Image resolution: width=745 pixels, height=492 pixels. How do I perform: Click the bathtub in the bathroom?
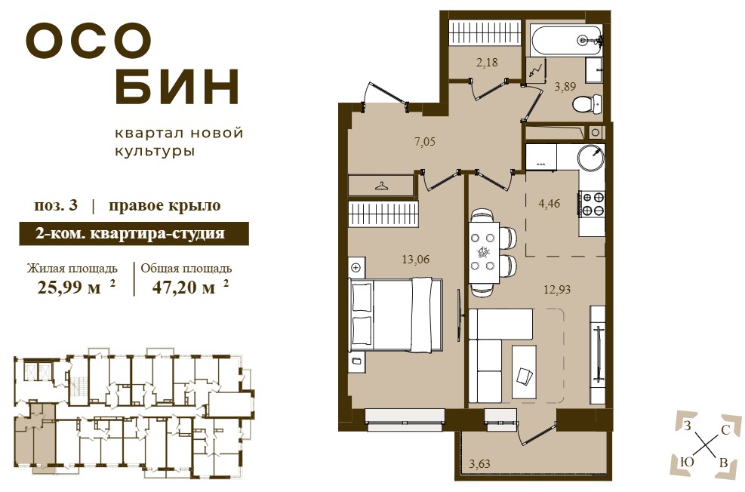pos(566,40)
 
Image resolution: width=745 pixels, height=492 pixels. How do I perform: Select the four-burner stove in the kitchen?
pos(592,203)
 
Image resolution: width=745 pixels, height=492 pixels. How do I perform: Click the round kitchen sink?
pos(591,157)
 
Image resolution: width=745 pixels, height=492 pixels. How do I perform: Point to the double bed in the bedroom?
pos(396,315)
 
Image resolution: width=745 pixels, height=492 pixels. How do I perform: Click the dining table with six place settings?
pos(485,253)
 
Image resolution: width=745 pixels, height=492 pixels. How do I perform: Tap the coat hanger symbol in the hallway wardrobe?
pos(381,185)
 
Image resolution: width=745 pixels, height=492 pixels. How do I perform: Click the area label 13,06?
pos(416,260)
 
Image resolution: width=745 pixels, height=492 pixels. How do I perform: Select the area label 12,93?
pos(557,289)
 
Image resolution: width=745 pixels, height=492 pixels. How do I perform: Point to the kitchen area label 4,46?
pos(550,204)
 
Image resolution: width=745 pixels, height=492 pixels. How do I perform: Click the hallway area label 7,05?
pos(425,142)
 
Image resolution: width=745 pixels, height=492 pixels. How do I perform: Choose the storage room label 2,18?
pos(487,62)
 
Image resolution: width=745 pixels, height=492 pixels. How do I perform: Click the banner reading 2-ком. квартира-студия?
pos(134,234)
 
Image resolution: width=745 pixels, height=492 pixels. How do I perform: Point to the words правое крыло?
pos(165,206)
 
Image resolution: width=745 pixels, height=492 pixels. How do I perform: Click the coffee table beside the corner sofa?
pos(524,372)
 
